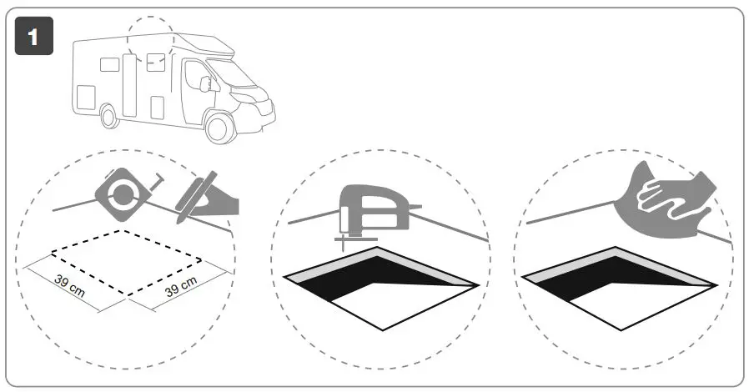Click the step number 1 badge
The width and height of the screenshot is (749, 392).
click(x=34, y=37)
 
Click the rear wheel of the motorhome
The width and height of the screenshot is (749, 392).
click(x=108, y=116)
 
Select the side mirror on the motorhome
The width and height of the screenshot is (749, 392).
click(x=205, y=83)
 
